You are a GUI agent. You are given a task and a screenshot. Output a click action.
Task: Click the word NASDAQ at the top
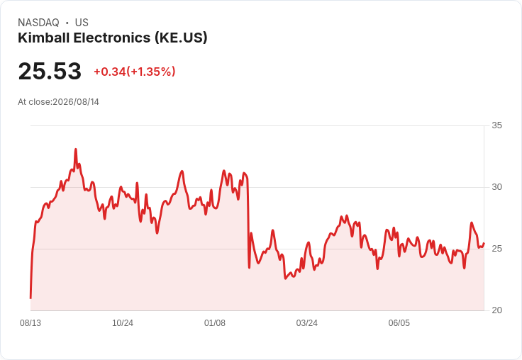click(38, 23)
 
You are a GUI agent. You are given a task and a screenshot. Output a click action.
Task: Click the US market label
click(82, 23)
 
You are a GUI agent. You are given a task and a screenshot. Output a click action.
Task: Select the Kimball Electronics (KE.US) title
click(113, 38)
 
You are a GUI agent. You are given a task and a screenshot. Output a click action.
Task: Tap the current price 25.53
click(50, 71)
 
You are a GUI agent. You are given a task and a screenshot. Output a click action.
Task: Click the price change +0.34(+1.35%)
click(135, 72)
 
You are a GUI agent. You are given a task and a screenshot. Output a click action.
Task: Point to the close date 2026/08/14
click(76, 102)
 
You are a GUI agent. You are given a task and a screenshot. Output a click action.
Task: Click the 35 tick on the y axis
click(496, 125)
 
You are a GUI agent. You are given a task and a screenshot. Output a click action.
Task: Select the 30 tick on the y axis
click(496, 187)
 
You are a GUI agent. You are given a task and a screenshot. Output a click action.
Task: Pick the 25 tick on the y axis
click(496, 249)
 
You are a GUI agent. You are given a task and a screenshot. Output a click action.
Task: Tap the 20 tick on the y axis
click(496, 310)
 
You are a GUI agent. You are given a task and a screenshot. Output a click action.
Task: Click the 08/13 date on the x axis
click(30, 323)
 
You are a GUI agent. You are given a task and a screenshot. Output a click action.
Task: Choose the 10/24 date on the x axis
click(123, 323)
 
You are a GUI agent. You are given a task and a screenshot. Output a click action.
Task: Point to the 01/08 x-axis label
click(215, 323)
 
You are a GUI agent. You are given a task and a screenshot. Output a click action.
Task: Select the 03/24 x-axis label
click(306, 323)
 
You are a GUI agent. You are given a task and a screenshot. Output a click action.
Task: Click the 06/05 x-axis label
click(399, 323)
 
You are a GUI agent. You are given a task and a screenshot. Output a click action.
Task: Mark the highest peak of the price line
click(76, 150)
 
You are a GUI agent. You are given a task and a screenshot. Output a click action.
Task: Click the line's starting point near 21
click(30, 298)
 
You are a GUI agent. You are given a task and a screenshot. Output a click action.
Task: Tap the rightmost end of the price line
click(484, 244)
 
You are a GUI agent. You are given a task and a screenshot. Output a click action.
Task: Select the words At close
click(34, 102)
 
